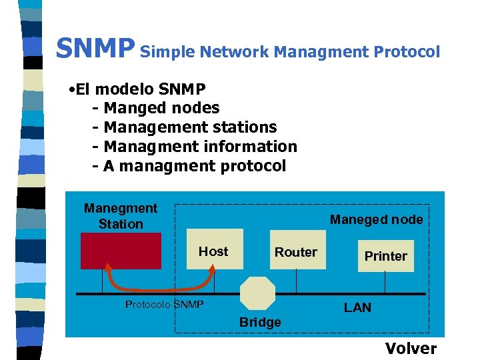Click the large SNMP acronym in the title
pos(95,49)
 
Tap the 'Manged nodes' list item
pos(161,107)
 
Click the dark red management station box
pos(121,251)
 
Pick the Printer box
pos(385,256)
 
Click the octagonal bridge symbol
pos(257,294)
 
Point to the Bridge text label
pos(260,323)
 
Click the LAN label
pos(357,307)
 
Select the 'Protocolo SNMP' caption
pos(164,305)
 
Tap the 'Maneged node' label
pos(377,219)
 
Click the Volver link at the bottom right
pos(411,348)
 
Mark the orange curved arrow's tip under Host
pos(214,267)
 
